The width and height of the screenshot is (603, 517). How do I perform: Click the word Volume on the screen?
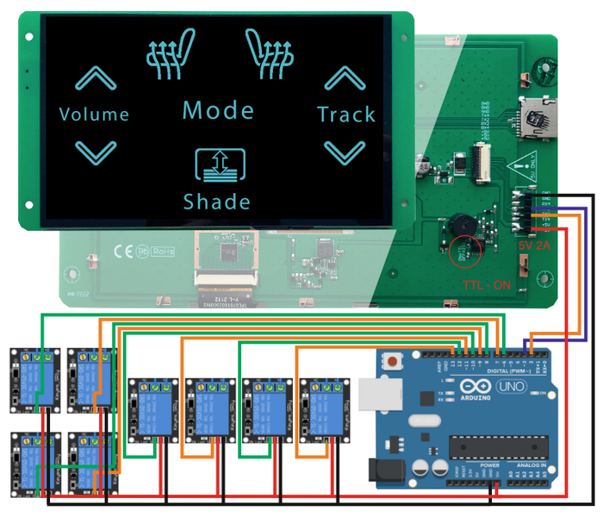(94, 114)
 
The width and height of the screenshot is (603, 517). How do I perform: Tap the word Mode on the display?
(218, 110)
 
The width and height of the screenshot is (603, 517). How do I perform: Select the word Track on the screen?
(345, 114)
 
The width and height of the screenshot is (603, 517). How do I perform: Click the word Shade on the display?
(217, 202)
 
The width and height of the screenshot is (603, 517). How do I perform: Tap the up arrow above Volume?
(95, 79)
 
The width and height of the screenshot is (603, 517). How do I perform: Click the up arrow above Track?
(344, 79)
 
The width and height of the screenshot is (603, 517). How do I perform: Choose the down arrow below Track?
(344, 153)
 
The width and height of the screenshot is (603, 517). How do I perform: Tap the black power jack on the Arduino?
(382, 470)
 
